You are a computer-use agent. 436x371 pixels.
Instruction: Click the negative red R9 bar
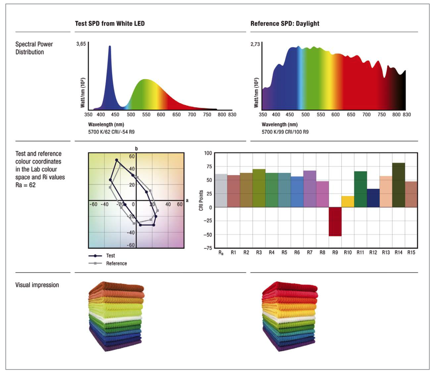coord(335,222)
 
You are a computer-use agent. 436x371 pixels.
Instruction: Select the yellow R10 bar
coord(348,202)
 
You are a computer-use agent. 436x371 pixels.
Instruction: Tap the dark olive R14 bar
coord(399,185)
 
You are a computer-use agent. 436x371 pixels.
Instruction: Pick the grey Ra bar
coord(221,191)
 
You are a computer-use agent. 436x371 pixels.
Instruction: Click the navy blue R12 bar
coord(373,198)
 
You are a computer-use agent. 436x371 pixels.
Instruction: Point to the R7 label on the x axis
coord(310,253)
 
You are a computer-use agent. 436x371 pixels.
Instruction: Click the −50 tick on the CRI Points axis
coord(208,235)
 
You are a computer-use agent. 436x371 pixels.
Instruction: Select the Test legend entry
coord(110,256)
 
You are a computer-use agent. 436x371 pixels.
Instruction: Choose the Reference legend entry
coord(116,263)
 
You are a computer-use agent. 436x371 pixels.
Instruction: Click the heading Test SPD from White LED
coord(110,23)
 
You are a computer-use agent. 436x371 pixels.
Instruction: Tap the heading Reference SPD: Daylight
coord(285,23)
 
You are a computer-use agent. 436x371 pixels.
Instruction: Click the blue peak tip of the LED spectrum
coord(110,47)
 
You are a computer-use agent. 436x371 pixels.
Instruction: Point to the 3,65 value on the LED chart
coord(81,44)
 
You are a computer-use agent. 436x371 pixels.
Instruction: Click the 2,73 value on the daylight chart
coord(255,44)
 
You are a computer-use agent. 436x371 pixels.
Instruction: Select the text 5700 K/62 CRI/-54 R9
coord(111,132)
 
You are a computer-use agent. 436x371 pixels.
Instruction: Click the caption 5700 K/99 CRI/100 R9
coord(285,132)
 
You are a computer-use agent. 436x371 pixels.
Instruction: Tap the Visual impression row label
coord(37,285)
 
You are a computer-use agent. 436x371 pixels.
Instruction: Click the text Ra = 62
coord(26,185)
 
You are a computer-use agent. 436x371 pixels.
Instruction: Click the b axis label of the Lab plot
coord(136,149)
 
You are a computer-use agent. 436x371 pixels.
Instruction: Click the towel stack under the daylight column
coord(290,316)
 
